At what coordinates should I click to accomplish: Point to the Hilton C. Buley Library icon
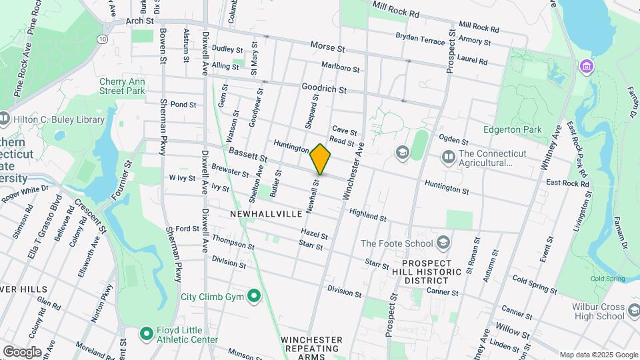5,119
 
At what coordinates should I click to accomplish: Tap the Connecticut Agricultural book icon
448,157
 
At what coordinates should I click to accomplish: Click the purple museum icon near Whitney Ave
587,66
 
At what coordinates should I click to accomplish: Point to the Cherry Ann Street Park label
122,86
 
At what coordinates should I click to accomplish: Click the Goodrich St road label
324,88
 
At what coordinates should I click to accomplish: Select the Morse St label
327,48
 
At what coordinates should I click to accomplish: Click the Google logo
22,351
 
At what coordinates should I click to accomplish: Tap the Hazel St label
314,235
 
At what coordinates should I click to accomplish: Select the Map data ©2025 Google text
599,355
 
